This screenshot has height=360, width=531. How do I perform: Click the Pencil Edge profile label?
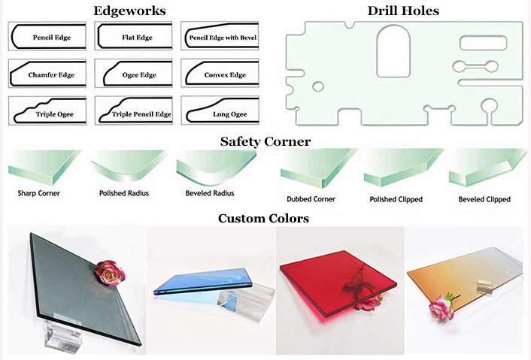(51, 38)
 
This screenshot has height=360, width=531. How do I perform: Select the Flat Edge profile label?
(137, 38)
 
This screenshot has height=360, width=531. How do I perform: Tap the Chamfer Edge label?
(51, 74)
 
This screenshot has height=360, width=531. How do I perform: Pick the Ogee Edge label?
(139, 75)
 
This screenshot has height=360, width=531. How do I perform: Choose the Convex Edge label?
(225, 74)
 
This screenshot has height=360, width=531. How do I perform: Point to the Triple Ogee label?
(54, 114)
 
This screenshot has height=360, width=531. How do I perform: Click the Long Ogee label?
(229, 114)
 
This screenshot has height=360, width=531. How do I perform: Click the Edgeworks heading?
(129, 11)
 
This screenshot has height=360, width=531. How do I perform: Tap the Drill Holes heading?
(403, 11)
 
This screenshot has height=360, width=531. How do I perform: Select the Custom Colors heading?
(263, 218)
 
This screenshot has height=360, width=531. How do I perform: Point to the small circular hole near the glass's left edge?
(318, 86)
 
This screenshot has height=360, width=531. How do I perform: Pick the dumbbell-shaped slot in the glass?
(475, 66)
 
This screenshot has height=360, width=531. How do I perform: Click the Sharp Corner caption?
(38, 193)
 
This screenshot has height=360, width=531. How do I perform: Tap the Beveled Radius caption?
(210, 193)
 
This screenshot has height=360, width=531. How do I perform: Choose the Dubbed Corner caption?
(311, 199)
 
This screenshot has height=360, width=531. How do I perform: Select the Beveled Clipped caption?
(484, 199)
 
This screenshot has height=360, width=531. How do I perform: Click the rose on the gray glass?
(109, 273)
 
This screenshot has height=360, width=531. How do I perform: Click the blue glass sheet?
(203, 281)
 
